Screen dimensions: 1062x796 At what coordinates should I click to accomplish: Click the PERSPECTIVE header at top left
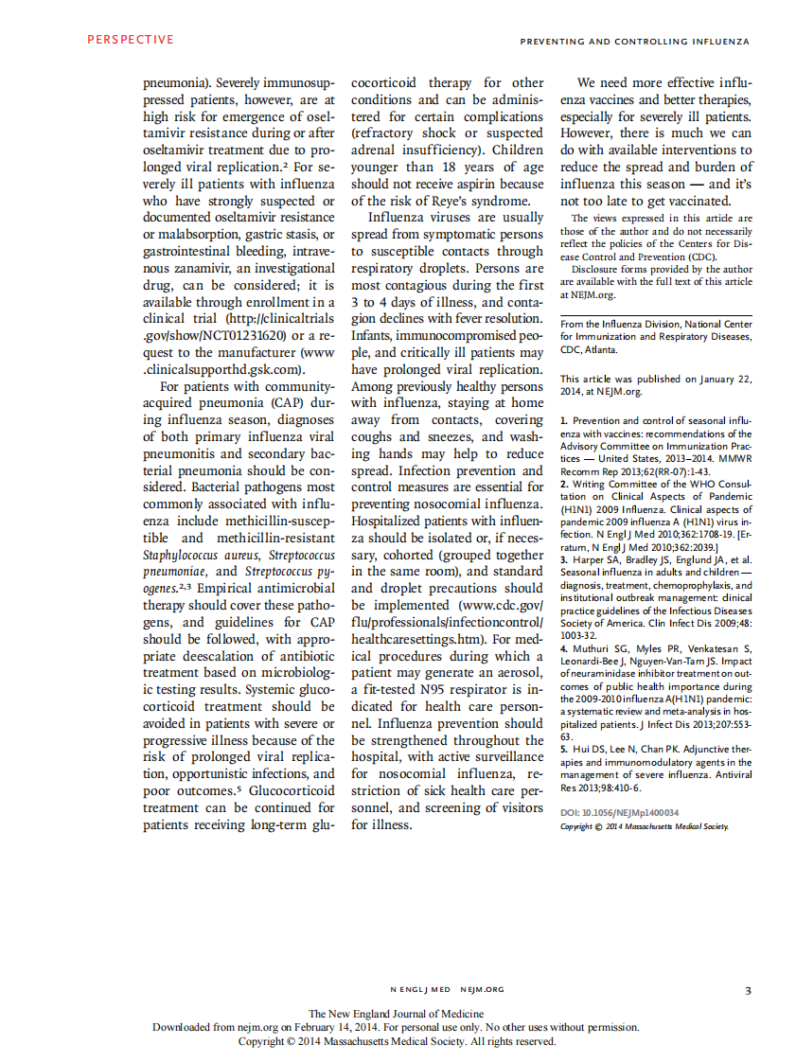tap(131, 40)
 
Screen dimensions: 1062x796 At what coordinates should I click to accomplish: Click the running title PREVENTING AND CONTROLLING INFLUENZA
tap(634, 42)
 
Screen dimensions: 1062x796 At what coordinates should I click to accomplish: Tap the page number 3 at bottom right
tap(747, 990)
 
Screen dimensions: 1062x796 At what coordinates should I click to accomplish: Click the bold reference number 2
tap(562, 484)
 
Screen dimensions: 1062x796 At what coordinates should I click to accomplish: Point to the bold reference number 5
tap(562, 749)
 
